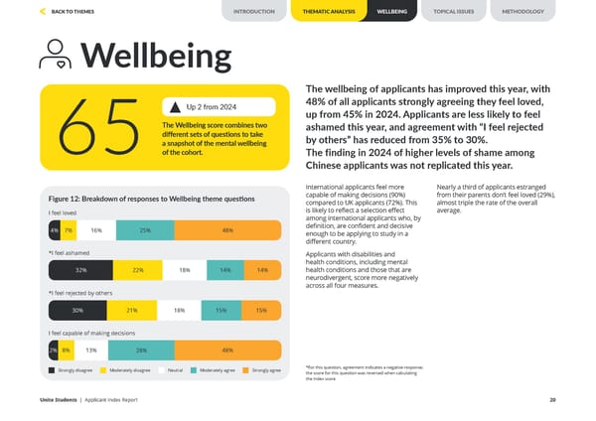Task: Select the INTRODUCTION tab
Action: (254, 11)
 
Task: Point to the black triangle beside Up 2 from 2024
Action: (175, 106)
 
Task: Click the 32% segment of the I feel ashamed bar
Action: (79, 270)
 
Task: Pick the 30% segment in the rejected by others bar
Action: (77, 311)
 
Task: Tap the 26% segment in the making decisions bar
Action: (142, 351)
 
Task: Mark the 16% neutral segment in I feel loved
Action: (96, 230)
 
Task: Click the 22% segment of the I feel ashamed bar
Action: (138, 270)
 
